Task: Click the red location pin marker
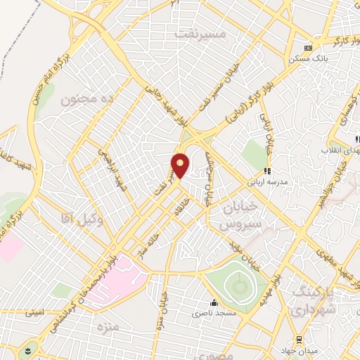tap(181, 165)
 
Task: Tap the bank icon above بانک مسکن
tap(308, 49)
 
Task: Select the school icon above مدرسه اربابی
tap(267, 170)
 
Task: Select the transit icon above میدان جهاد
tap(299, 339)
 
